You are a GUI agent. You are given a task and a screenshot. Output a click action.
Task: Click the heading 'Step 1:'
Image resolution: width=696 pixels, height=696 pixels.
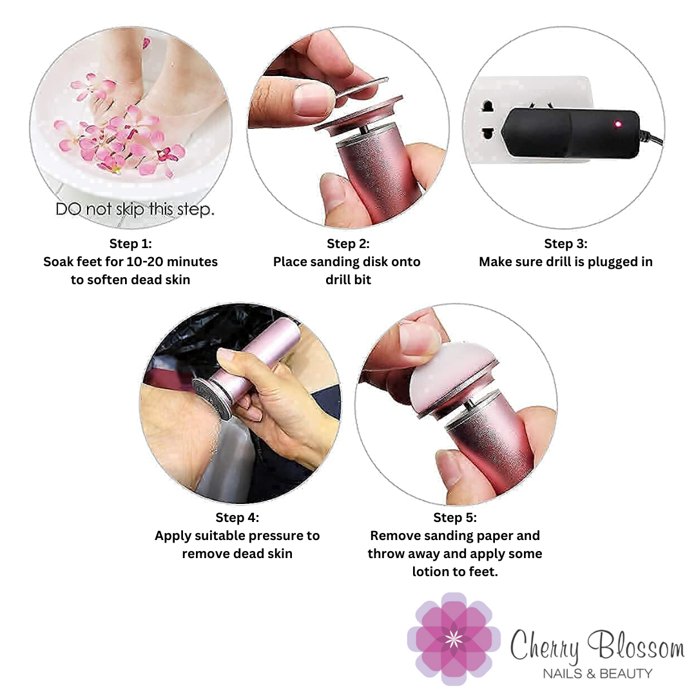tap(130, 244)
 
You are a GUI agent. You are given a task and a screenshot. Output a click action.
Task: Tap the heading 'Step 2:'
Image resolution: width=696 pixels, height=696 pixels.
tap(348, 244)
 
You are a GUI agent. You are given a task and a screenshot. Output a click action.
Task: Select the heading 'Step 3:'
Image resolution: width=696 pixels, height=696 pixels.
tap(566, 244)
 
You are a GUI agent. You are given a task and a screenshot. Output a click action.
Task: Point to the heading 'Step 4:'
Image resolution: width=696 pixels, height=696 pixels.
tap(237, 517)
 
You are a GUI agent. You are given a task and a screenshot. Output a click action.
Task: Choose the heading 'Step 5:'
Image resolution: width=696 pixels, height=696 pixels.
tap(455, 517)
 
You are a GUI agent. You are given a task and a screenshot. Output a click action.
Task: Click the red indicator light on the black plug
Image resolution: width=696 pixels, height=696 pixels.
tap(618, 124)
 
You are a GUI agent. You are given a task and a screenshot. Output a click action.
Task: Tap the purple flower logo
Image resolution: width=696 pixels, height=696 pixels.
tap(454, 638)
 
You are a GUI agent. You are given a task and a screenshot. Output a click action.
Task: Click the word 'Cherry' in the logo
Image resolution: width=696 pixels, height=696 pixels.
tap(545, 646)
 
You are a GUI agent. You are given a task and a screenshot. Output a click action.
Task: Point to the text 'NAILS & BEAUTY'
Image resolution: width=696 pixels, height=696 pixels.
tap(597, 674)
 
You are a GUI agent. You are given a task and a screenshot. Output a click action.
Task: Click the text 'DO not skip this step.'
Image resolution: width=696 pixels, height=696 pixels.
tap(135, 209)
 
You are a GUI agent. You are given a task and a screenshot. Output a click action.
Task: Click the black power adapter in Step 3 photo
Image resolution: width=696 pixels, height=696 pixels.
tap(571, 132)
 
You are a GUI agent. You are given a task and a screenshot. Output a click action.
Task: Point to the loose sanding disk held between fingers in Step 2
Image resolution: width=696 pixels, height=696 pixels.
tap(360, 88)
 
